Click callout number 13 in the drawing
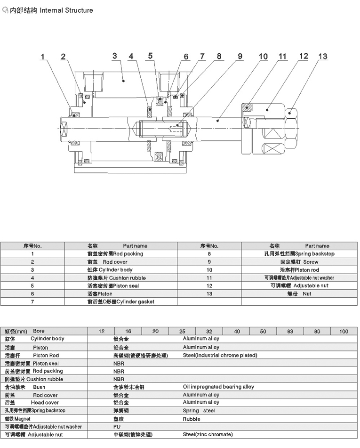point(322,57)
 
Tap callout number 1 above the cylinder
point(43,57)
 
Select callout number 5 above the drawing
point(150,56)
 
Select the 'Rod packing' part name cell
point(115,254)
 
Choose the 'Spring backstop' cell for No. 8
point(299,254)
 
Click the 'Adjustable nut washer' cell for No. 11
point(299,278)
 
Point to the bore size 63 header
point(290,332)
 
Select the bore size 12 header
point(102,332)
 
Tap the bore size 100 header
point(344,332)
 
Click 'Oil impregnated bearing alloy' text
point(218,387)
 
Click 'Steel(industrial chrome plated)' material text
point(220,355)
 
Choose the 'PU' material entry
point(117,427)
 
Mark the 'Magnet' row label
point(17,419)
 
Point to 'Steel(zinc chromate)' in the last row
point(208,435)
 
